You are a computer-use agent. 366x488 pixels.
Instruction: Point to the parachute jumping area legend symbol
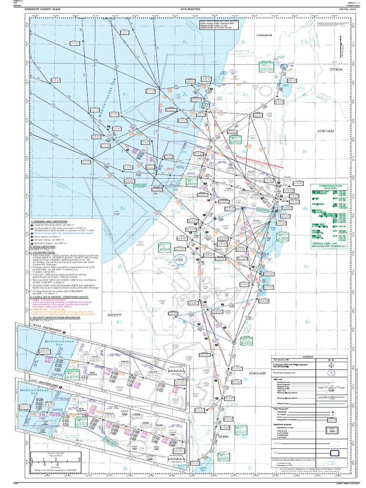click(x=331, y=374)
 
